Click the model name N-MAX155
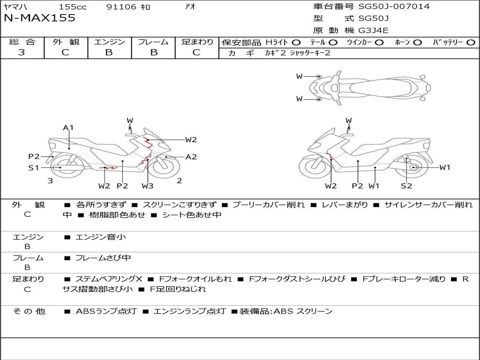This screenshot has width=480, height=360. pyautogui.click(x=39, y=18)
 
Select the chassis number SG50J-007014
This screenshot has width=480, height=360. pyautogui.click(x=394, y=7)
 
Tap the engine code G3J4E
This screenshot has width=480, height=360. pyautogui.click(x=374, y=30)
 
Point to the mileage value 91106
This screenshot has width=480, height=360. pyautogui.click(x=121, y=7)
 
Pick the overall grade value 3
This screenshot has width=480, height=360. pyautogui.click(x=22, y=52)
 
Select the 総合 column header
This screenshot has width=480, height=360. pyautogui.click(x=22, y=42)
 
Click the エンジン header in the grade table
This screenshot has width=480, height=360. pyautogui.click(x=109, y=42)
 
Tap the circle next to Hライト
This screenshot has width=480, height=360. pyautogui.click(x=296, y=42)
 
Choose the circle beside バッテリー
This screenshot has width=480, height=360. pyautogui.click(x=471, y=42)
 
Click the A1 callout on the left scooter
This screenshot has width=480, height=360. pyautogui.click(x=68, y=127)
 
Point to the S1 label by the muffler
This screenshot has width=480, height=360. pyautogui.click(x=34, y=168)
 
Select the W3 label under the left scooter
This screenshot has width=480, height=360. pyautogui.click(x=148, y=186)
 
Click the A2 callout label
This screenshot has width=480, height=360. pyautogui.click(x=191, y=157)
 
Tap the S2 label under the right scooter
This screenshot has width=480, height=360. pyautogui.click(x=406, y=186)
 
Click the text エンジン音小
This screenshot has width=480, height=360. pyautogui.click(x=101, y=237)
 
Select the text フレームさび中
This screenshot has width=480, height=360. pyautogui.click(x=103, y=258)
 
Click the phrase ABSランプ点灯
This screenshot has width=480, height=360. pyautogui.click(x=106, y=311)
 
